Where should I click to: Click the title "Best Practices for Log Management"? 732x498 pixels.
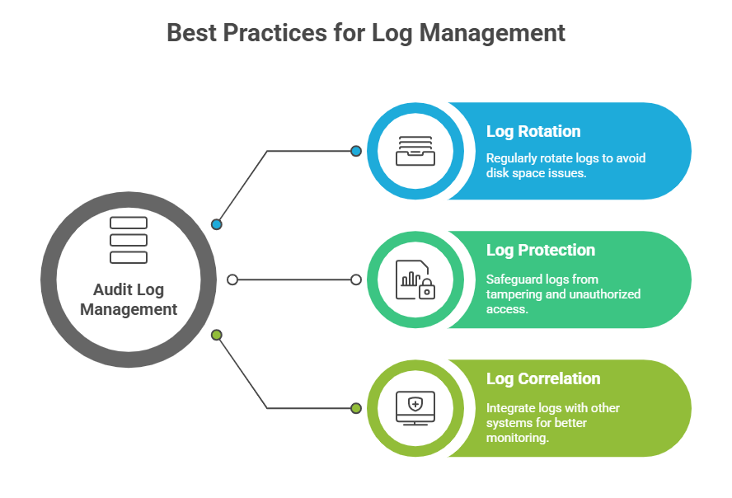(x=366, y=33)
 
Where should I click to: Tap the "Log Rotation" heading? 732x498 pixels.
(x=533, y=131)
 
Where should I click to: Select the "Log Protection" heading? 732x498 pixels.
(x=540, y=250)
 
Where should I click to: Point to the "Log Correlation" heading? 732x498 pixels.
(x=543, y=378)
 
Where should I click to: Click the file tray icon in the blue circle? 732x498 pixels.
(x=415, y=151)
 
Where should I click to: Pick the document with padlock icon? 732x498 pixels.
(x=415, y=280)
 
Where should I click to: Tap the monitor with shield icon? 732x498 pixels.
(x=415, y=407)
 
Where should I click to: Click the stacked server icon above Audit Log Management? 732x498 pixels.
(x=129, y=240)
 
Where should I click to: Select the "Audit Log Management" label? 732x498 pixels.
(x=129, y=299)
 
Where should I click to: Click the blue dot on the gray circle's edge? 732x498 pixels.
(x=217, y=224)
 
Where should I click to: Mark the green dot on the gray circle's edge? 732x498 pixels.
(x=217, y=335)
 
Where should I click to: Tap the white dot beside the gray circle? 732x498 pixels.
(x=232, y=280)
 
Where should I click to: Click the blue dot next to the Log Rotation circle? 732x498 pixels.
(x=356, y=151)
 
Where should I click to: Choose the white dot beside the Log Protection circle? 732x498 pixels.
(x=356, y=280)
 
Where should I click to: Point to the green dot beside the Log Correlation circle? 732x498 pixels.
(x=356, y=408)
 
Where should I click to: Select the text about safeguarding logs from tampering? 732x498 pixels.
(x=563, y=294)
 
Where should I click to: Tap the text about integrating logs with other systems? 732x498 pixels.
(x=552, y=423)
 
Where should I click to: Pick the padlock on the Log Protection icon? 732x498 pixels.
(x=426, y=289)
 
